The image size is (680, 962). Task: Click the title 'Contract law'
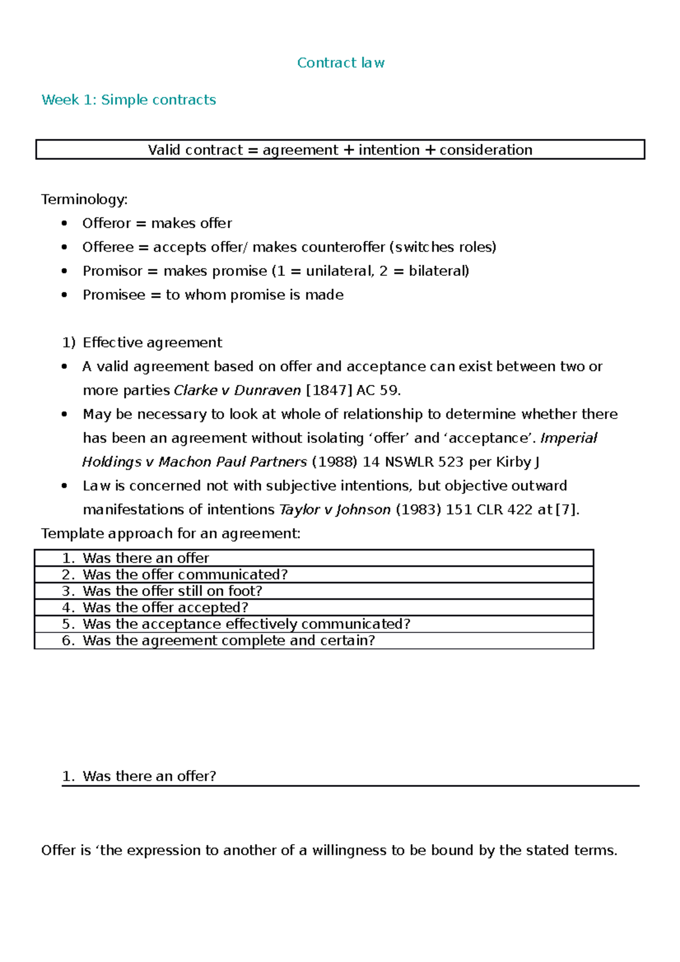point(341,63)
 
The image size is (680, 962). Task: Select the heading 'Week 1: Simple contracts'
point(129,100)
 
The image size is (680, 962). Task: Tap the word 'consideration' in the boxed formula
point(486,150)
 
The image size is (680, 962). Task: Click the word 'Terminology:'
point(84,199)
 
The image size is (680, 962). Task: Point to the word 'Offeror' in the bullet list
point(107,223)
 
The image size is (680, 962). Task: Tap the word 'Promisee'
point(114,295)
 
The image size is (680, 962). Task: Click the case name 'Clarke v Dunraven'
point(237,390)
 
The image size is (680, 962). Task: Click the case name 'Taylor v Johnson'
point(335,510)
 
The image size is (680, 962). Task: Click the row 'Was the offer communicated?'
point(185,574)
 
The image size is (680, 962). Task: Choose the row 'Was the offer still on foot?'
point(172,591)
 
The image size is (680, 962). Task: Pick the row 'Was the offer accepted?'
point(165,607)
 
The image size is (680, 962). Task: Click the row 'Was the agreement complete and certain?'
point(228,641)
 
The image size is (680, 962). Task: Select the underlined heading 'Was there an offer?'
point(149,776)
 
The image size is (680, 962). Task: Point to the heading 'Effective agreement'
point(152,343)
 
